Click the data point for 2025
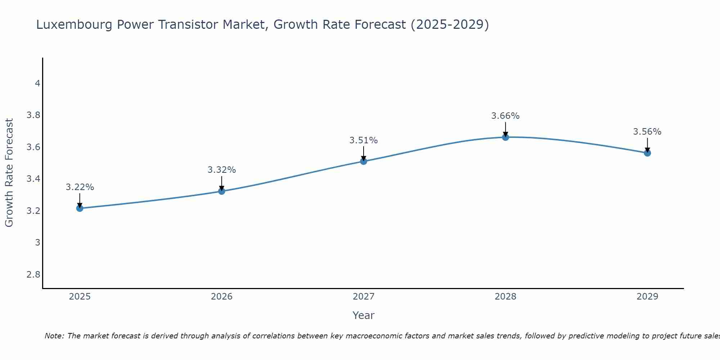click(x=80, y=208)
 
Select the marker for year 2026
click(x=222, y=191)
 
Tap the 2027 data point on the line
click(x=364, y=161)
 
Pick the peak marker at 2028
click(x=505, y=137)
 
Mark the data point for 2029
click(x=647, y=153)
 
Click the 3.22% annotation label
click(x=80, y=187)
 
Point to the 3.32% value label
click(x=222, y=170)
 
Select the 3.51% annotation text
click(x=364, y=140)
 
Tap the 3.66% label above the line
click(x=505, y=116)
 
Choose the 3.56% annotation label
click(x=647, y=132)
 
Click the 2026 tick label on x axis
click(x=222, y=297)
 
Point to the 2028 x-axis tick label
click(x=505, y=297)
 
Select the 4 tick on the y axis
click(x=37, y=84)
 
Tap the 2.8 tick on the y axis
click(x=33, y=275)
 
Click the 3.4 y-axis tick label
click(x=33, y=179)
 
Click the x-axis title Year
click(x=364, y=315)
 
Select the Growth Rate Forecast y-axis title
click(x=9, y=173)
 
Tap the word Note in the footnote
click(x=54, y=336)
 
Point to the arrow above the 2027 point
click(x=364, y=153)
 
